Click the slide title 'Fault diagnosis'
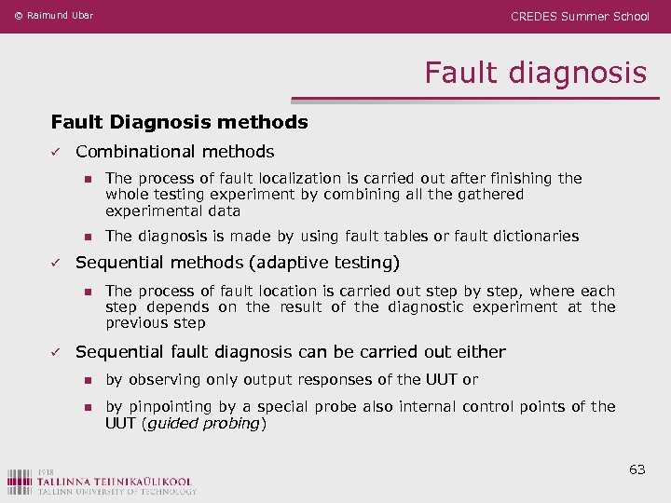coord(535,73)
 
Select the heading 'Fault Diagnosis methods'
coord(179,122)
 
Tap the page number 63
coord(637,469)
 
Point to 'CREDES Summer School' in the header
coord(580,16)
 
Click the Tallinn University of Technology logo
coord(102,480)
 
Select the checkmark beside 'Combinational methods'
coord(56,152)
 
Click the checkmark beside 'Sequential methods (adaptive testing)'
coord(56,263)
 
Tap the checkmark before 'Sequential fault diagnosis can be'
coord(56,352)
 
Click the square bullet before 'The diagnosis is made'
coord(87,237)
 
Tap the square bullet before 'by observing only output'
coord(87,380)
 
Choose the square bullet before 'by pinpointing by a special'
coord(87,407)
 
